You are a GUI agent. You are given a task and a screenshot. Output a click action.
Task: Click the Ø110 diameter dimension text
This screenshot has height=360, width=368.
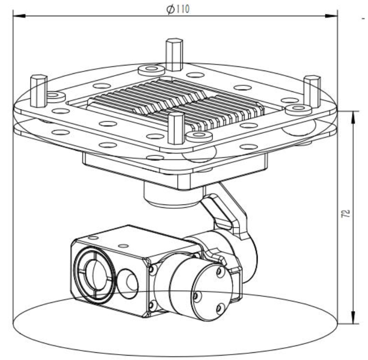click(178, 9)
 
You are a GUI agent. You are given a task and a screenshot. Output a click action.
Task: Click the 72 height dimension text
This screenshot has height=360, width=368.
click(346, 213)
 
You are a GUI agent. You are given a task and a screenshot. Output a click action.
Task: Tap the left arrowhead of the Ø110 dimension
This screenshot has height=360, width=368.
click(19, 16)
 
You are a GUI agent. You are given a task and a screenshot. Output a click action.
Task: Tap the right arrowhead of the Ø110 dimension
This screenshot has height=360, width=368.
click(331, 16)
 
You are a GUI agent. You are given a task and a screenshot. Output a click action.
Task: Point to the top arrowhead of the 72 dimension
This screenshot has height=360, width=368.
click(353, 117)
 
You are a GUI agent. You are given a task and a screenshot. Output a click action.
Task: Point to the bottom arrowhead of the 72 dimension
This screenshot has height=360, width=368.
click(353, 317)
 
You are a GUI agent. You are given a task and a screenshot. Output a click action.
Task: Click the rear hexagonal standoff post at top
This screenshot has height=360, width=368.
click(174, 55)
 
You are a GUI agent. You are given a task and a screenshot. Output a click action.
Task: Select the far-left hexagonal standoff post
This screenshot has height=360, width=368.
click(39, 91)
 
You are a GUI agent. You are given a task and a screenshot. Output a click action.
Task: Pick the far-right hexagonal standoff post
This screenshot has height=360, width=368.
click(312, 91)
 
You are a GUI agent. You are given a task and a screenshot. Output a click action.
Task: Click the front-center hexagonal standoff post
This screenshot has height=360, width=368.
click(176, 128)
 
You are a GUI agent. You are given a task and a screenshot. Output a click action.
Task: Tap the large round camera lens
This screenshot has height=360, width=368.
click(95, 273)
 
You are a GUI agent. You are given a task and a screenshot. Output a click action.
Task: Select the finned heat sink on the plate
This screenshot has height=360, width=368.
click(176, 103)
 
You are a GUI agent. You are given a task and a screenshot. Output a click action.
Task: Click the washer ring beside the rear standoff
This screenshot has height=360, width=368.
click(152, 69)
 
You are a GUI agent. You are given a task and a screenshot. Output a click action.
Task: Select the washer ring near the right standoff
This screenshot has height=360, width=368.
click(298, 109)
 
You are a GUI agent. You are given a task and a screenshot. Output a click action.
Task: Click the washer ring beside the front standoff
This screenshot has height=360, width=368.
click(199, 136)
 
